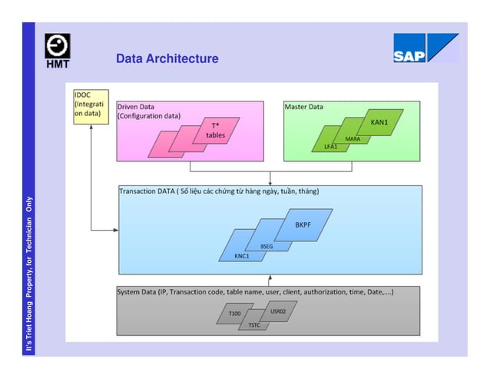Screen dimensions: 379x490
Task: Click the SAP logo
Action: click(x=425, y=48)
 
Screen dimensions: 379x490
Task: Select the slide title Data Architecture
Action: click(x=167, y=59)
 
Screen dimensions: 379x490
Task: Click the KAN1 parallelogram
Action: click(x=379, y=123)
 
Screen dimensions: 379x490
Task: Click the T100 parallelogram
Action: click(x=233, y=314)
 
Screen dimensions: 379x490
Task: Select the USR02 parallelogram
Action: click(x=279, y=311)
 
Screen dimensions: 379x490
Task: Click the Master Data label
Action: click(x=304, y=107)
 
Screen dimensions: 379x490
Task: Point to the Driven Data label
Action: click(x=134, y=107)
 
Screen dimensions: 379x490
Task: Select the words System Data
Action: click(x=135, y=292)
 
